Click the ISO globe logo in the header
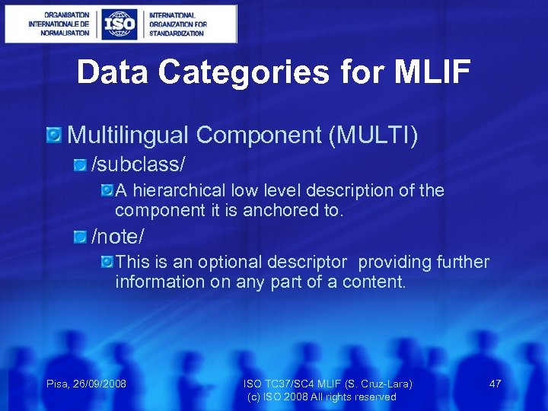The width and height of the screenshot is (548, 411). point(120,24)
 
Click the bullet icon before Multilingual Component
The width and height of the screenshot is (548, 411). point(55,135)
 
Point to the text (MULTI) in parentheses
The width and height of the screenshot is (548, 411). point(373,135)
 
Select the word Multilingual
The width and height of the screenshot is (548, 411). point(129,135)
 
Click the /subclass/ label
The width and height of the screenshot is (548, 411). point(139,164)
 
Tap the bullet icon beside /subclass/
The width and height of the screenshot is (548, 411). point(80,164)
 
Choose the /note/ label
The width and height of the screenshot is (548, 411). point(117,237)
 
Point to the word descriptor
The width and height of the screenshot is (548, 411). point(309,262)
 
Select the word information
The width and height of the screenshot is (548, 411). point(158,282)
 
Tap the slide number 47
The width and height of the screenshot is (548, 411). point(495,384)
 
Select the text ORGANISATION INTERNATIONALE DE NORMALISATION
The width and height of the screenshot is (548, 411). point(59,24)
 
